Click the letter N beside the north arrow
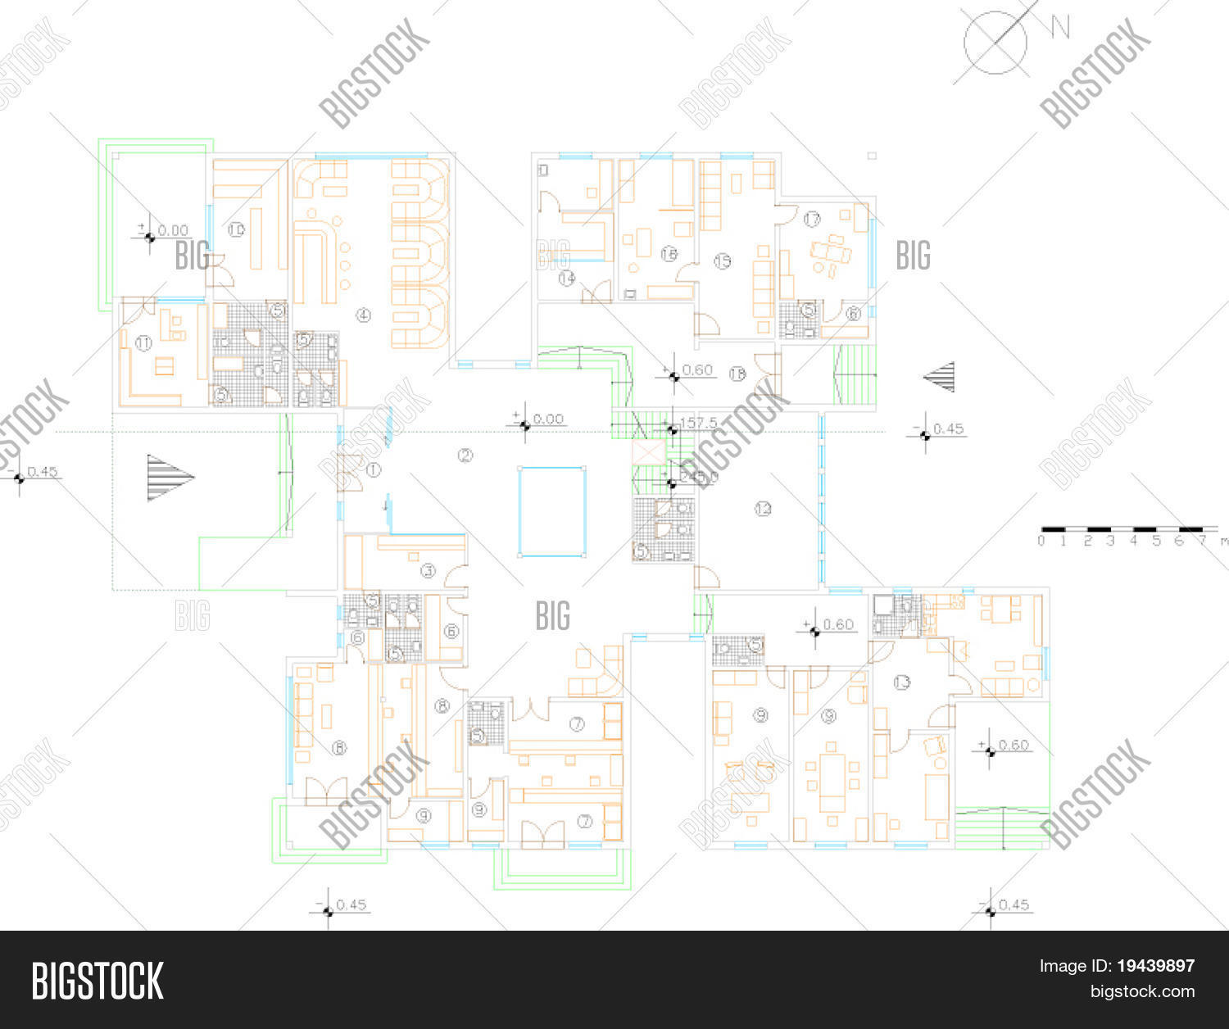tap(1060, 29)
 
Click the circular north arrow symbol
tap(995, 43)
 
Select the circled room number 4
tap(364, 315)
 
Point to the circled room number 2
tap(465, 456)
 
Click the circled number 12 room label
tap(763, 509)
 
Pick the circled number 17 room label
tap(812, 220)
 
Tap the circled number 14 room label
tap(567, 279)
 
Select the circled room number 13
tap(902, 682)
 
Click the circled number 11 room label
tap(143, 344)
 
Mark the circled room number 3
tap(428, 570)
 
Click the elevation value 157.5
tap(700, 423)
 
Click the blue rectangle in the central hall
tap(552, 511)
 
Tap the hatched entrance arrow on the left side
tap(169, 478)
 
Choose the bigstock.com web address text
tap(1141, 992)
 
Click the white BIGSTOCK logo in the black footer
tap(98, 981)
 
